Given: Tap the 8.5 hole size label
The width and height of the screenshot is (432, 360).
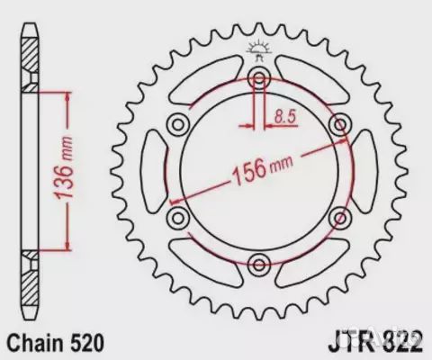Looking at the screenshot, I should (x=285, y=115).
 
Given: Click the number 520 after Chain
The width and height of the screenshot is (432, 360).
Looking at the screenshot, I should (x=90, y=343).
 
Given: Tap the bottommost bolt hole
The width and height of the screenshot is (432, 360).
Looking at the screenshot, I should (x=261, y=264).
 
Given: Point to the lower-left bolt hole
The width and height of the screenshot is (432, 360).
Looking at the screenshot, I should (x=179, y=216).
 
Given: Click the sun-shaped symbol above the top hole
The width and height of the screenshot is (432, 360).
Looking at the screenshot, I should (x=261, y=46).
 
